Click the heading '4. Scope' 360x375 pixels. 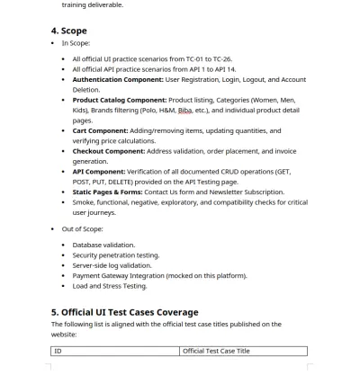coord(69,31)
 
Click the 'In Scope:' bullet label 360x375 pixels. coord(76,43)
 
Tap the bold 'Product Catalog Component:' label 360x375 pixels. coord(120,100)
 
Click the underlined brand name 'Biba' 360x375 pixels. coord(185,110)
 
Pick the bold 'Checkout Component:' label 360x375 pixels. coord(111,151)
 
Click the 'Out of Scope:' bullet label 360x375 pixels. coord(82,228)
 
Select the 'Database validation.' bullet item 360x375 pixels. coord(103,245)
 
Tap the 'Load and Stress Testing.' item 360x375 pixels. coord(109,286)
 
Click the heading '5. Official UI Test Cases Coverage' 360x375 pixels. coord(130,313)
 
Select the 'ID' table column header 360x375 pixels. coord(58,351)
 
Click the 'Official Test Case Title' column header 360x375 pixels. coord(216,351)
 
